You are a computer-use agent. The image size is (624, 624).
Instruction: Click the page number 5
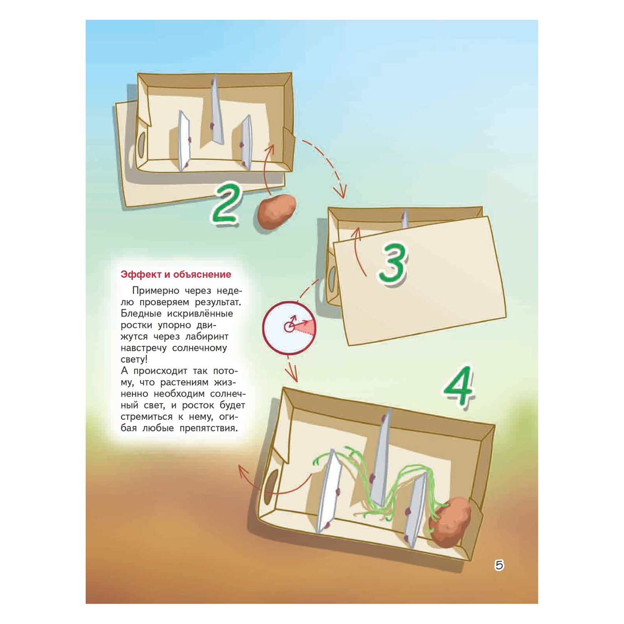point(499,565)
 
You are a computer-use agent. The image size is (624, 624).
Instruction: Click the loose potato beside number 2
point(276,212)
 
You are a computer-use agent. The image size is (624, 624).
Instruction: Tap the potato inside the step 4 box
point(450,522)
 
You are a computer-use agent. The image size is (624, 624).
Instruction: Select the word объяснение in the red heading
point(202,275)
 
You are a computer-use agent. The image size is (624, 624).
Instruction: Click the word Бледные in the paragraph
point(141,314)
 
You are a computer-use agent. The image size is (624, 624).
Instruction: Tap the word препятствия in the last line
point(209,428)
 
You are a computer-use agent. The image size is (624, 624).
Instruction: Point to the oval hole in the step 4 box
point(271,487)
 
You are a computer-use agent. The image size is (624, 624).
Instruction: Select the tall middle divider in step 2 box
point(216,110)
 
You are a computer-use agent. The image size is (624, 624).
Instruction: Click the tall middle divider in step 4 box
point(381,458)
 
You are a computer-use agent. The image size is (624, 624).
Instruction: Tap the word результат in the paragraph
point(218,302)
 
